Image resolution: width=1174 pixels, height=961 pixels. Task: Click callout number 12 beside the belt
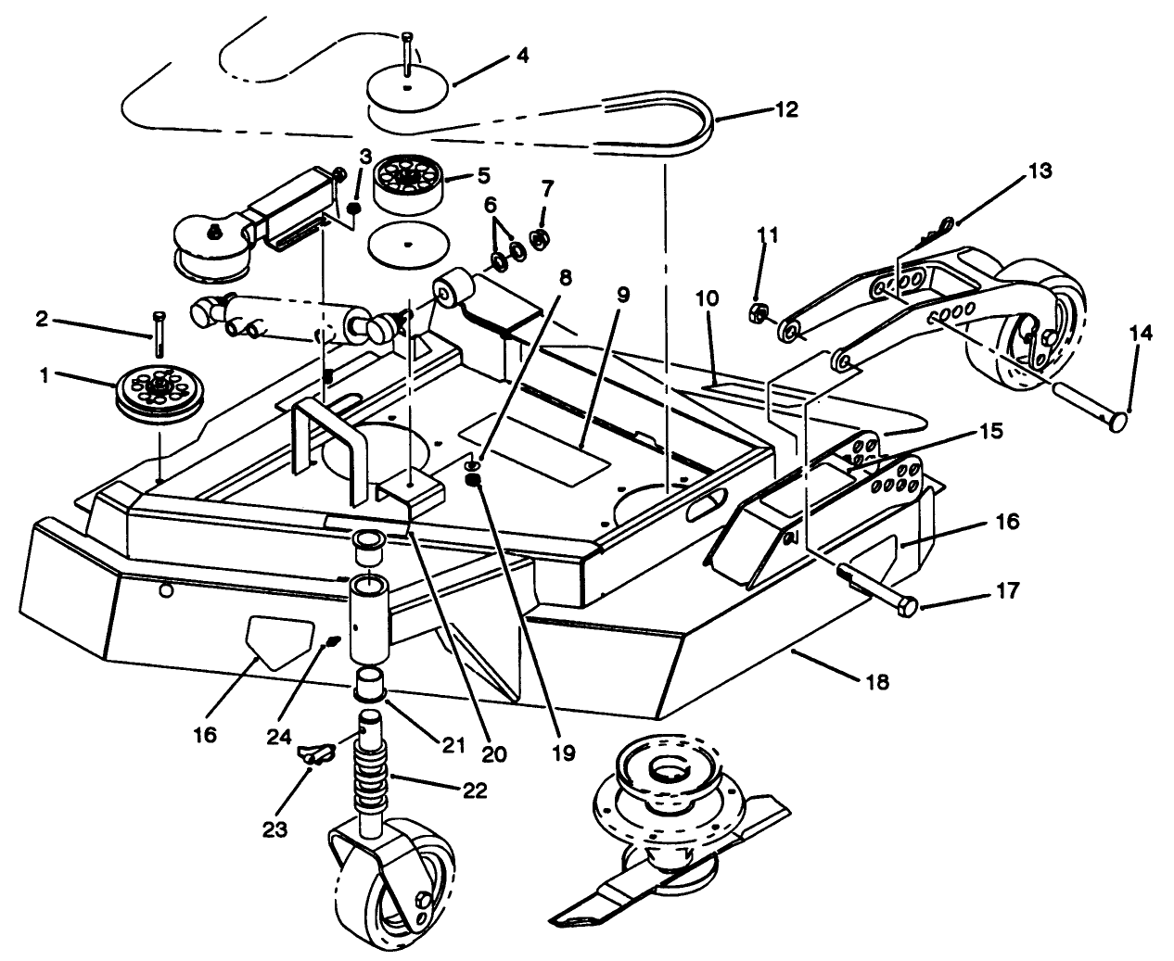click(x=785, y=108)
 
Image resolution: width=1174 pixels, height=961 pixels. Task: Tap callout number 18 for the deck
click(x=875, y=682)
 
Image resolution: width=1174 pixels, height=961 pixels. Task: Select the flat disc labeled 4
click(x=409, y=90)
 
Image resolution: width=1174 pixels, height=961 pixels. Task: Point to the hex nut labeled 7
click(x=537, y=242)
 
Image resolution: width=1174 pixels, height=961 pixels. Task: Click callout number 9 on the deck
click(x=622, y=296)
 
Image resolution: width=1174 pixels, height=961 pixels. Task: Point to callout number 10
click(x=708, y=297)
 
